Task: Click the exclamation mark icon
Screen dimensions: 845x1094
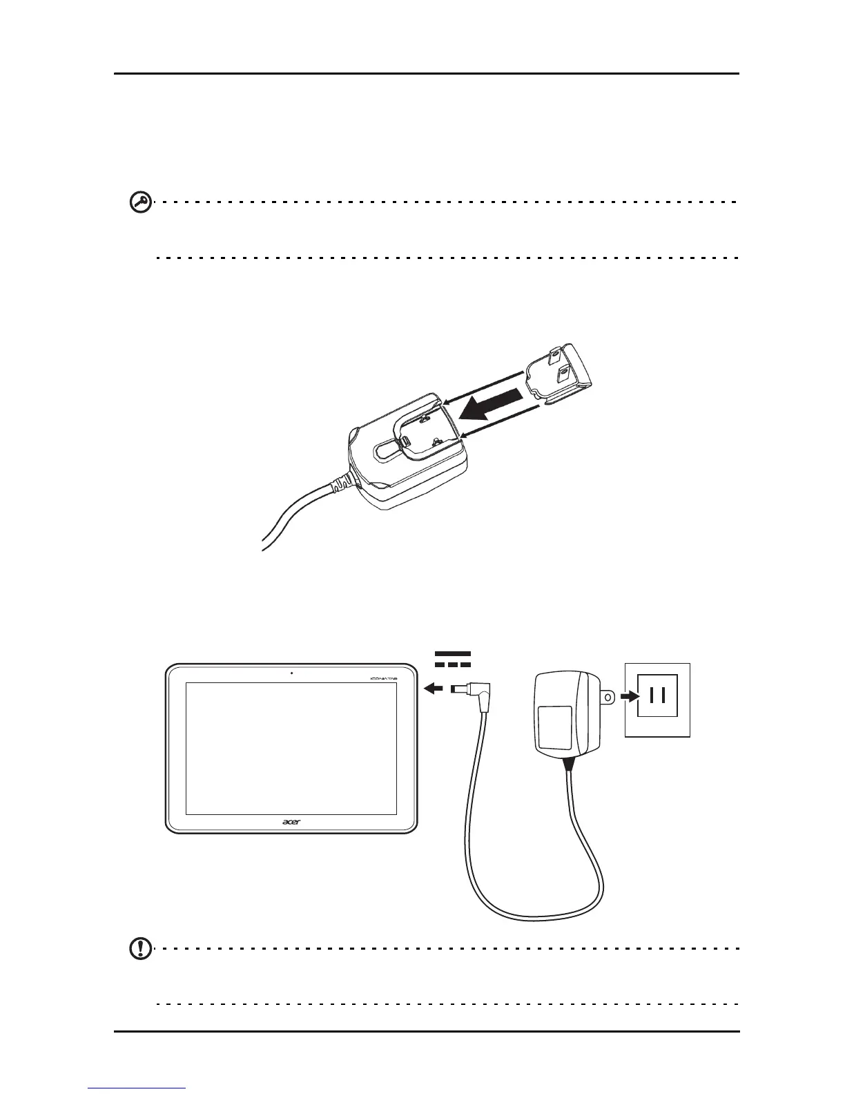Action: pyautogui.click(x=141, y=949)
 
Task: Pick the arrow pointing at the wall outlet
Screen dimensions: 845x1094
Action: pyautogui.click(x=628, y=697)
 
